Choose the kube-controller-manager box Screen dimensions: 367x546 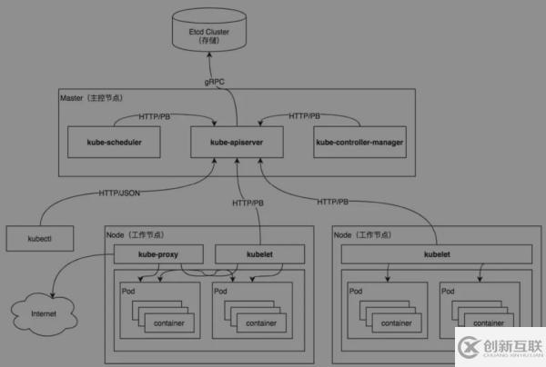[x=359, y=142]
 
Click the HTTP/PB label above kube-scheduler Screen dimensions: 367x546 [x=157, y=116]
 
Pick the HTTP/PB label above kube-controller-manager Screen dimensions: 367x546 [x=304, y=116]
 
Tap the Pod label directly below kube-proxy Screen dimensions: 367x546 [x=128, y=291]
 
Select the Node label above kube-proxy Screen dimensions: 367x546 [x=116, y=236]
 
